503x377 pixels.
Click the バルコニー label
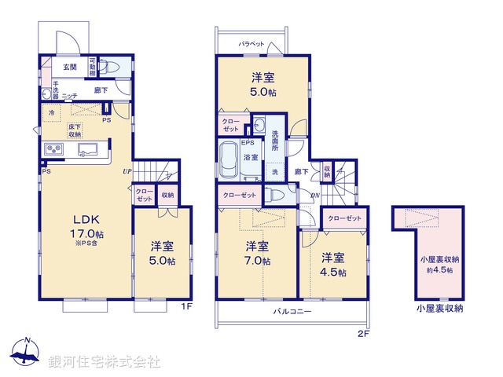(x=292, y=312)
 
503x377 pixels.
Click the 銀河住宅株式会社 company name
(x=105, y=362)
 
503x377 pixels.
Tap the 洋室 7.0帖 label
(x=257, y=251)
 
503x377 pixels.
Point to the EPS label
(x=247, y=143)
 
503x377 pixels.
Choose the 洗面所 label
(x=276, y=141)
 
